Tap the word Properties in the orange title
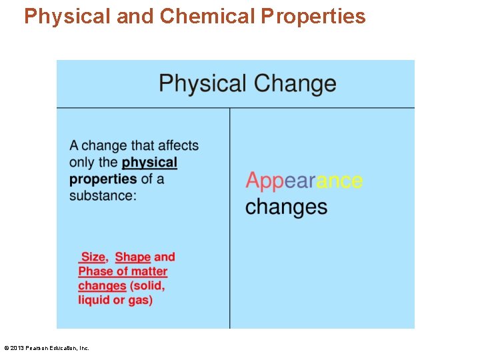tap(313, 16)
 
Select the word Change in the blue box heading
tap(295, 83)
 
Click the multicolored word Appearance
tap(304, 181)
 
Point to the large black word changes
tap(286, 206)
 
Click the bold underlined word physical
tap(149, 163)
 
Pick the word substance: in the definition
tap(103, 195)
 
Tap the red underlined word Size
tap(93, 257)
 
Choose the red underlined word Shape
tap(133, 257)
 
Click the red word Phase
tap(95, 271)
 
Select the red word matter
tap(149, 271)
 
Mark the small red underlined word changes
tap(102, 286)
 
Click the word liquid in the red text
tap(93, 300)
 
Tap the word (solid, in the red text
tap(147, 286)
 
